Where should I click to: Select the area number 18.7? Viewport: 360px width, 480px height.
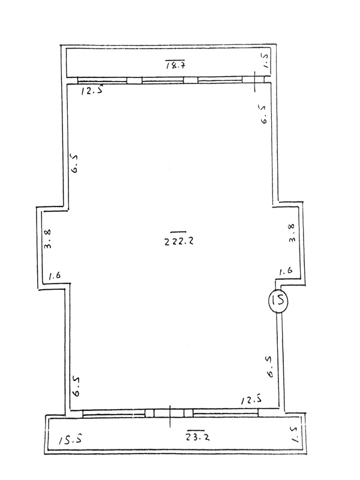(x=176, y=65)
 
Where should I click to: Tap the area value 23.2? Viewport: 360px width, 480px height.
(x=198, y=437)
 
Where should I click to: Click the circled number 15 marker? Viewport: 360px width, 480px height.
(x=278, y=301)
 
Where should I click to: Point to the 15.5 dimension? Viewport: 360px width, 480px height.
(x=70, y=440)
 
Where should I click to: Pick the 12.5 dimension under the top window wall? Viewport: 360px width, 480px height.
(x=92, y=91)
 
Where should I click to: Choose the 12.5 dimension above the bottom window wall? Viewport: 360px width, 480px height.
(x=251, y=400)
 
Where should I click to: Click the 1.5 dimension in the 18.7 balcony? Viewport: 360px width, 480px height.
(x=265, y=61)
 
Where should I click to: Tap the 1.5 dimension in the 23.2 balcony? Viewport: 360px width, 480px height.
(x=295, y=436)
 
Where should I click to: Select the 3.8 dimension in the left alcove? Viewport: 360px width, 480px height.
(x=48, y=239)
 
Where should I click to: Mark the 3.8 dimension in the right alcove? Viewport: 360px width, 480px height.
(x=292, y=233)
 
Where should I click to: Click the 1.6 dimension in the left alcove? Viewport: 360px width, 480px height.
(x=55, y=275)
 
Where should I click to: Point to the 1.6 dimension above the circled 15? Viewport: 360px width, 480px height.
(x=286, y=271)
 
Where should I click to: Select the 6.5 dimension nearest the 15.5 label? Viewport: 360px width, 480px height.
(x=76, y=386)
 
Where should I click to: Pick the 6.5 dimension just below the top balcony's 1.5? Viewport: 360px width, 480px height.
(x=264, y=115)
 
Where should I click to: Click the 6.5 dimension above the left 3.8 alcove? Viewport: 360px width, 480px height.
(x=74, y=164)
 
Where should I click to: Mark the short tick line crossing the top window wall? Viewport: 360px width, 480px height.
(x=255, y=82)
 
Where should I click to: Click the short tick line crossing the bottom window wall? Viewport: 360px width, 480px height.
(x=170, y=416)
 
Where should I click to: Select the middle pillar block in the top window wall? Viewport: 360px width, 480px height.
(x=190, y=80)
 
